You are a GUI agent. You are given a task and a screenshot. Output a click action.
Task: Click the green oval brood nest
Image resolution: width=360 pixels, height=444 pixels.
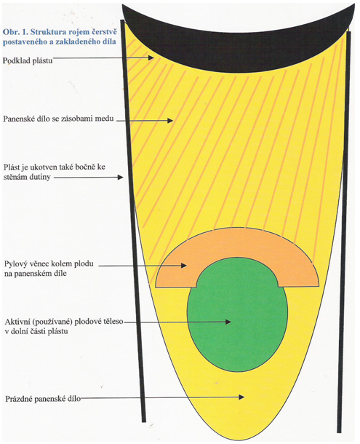pos(238,314)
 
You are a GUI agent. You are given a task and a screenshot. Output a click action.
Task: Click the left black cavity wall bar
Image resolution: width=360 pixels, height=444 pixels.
pos(133,221)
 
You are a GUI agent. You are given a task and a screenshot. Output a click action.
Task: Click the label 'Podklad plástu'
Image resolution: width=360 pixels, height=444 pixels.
pos(28,60)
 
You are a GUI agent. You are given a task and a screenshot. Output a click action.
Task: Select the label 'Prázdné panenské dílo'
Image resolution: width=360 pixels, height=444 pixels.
pos(43,399)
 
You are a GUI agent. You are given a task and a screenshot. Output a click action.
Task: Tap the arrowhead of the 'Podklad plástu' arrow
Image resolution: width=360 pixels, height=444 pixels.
pos(151,58)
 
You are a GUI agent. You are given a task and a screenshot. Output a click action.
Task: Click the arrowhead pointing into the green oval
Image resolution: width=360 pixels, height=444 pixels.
pos(228,322)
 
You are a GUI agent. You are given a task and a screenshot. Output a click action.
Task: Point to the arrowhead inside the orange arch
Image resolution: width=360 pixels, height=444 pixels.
pos(183,266)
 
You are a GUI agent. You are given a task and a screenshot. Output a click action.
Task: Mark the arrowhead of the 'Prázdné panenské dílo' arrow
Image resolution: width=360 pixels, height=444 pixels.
pos(241,397)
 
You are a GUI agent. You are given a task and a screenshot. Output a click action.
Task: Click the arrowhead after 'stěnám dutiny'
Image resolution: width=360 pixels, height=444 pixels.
pos(120,178)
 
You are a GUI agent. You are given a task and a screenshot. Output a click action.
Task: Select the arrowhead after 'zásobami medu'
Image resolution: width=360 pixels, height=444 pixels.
pos(169,120)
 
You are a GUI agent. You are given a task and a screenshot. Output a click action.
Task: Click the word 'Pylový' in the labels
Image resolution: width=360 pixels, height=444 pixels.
pos(15,264)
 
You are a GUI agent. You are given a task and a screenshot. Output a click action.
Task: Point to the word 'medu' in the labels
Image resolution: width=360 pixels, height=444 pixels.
pos(106,119)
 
